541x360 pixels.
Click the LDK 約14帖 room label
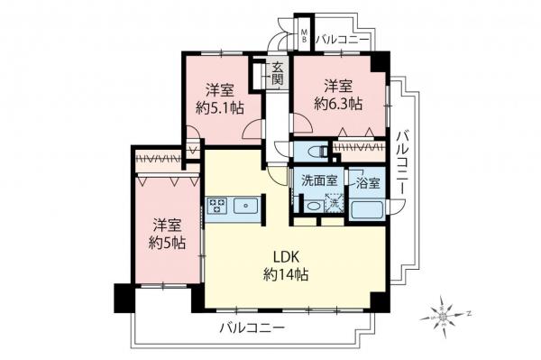tap(287, 265)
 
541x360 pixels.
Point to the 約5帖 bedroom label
tap(167, 234)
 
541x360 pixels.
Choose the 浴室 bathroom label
tap(367, 182)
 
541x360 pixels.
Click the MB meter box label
tap(305, 37)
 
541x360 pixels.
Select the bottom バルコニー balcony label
tap(252, 328)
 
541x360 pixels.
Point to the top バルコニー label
tap(344, 39)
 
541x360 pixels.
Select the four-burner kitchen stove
tap(216, 207)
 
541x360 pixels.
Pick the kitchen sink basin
tap(244, 207)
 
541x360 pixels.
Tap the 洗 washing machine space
tap(334, 205)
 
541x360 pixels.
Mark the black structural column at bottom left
tap(122, 297)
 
